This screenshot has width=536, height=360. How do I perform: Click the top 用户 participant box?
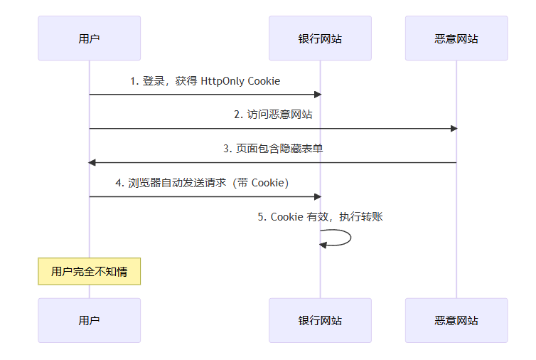89,38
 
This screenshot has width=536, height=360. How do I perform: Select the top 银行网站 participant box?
320,38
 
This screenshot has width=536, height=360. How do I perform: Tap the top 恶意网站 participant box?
456,38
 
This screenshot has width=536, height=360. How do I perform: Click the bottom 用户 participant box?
89,320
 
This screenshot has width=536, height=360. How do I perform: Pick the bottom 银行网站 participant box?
320,320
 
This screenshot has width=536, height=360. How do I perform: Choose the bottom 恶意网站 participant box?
456,320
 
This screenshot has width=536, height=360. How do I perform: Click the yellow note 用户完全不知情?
89,271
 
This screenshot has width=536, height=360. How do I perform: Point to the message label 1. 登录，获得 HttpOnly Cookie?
205,81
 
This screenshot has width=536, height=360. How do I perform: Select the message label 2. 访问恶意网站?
273,115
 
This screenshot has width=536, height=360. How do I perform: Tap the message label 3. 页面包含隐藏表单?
273,149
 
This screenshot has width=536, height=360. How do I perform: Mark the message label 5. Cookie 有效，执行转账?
320,217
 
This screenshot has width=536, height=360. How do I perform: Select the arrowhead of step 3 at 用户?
92,163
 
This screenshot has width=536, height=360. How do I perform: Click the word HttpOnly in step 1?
223,81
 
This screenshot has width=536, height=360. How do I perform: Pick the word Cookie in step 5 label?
287,217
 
